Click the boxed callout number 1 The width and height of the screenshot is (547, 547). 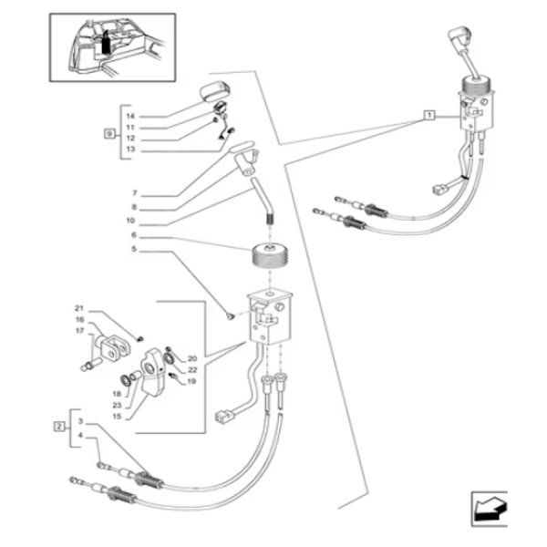click(428, 116)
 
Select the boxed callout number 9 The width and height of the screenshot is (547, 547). click(108, 134)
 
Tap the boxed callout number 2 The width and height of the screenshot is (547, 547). click(59, 426)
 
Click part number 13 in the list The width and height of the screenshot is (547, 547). click(130, 149)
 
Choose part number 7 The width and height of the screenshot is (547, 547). click(133, 194)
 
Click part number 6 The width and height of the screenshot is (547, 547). click(133, 235)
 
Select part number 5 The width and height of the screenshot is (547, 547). click(133, 248)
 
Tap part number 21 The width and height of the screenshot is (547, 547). click(79, 310)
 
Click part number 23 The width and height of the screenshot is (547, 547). click(117, 404)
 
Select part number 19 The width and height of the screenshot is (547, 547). click(191, 381)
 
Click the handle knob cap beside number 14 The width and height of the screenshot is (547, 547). click(215, 94)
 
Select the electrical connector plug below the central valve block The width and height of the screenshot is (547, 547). click(220, 418)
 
